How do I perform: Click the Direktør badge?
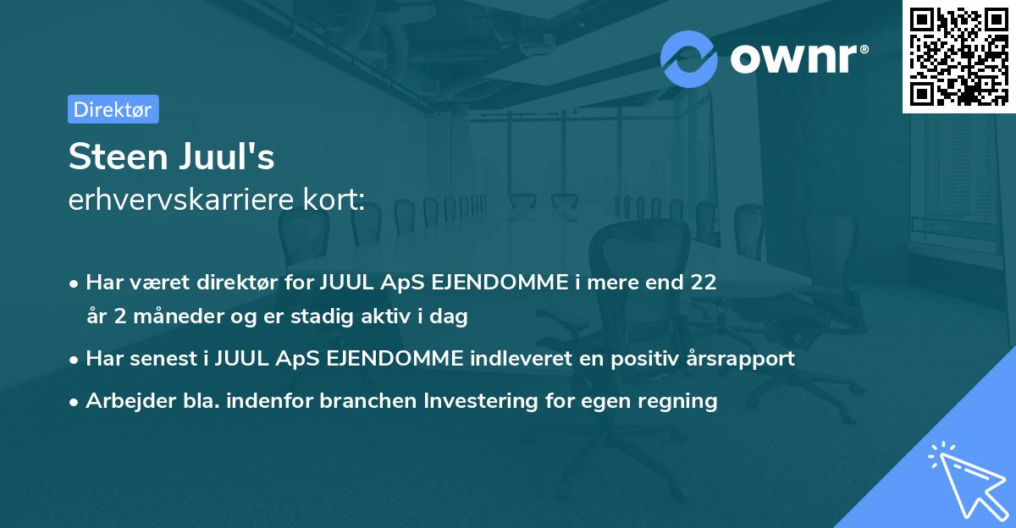pyautogui.click(x=113, y=109)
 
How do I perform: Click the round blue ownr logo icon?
pyautogui.click(x=689, y=59)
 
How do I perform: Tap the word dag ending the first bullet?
pyautogui.click(x=450, y=316)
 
